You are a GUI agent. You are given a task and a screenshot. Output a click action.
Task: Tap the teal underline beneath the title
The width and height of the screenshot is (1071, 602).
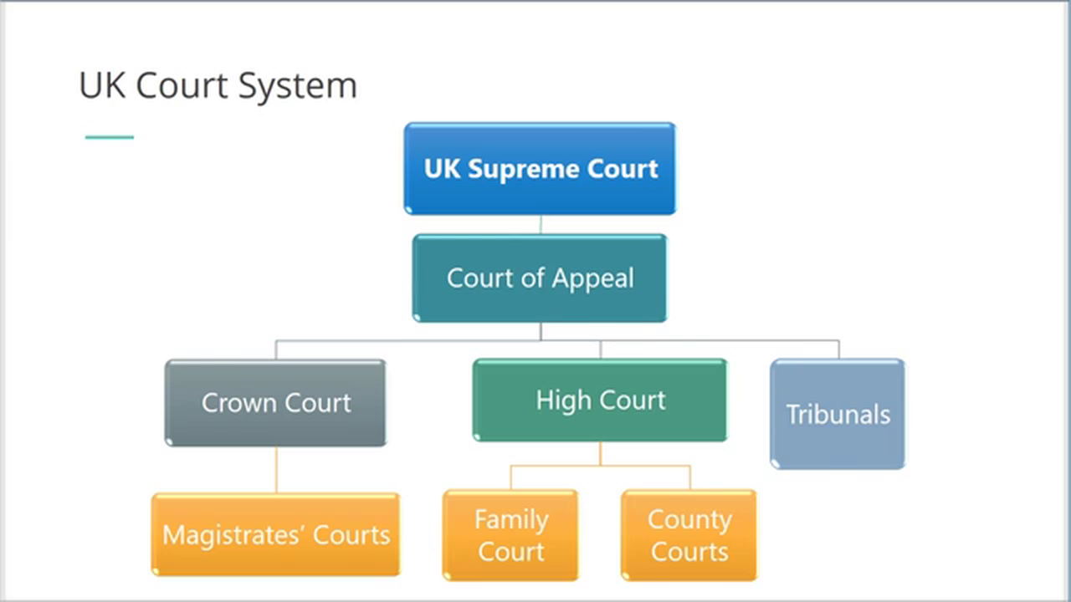coord(110,137)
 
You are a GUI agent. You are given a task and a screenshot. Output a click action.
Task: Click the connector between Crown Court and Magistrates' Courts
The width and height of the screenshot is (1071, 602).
coord(276,469)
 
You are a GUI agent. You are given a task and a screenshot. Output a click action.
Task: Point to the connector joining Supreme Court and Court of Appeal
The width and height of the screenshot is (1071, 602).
coord(541,224)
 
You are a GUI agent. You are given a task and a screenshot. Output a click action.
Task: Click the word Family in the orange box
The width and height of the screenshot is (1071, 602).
coord(511,520)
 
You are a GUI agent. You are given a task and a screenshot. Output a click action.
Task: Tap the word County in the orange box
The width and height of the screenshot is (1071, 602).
coord(689,520)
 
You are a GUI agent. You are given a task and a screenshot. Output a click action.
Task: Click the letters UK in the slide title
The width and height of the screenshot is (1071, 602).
coord(100,86)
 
